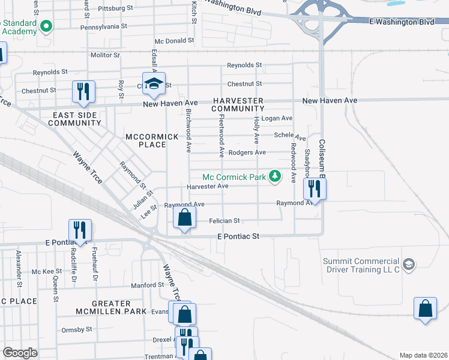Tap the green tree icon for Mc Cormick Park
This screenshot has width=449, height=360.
pyautogui.click(x=275, y=176)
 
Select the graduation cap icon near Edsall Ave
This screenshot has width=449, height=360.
pyautogui.click(x=154, y=83)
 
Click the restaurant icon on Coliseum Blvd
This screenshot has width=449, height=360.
pyautogui.click(x=314, y=190)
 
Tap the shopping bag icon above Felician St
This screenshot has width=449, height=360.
pyautogui.click(x=184, y=218)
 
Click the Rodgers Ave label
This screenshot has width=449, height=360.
pyautogui.click(x=249, y=152)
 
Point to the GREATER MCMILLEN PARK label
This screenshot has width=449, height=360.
pyautogui.click(x=111, y=307)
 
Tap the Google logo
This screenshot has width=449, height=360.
pyautogui.click(x=20, y=353)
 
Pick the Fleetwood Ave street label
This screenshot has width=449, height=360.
pyautogui.click(x=221, y=129)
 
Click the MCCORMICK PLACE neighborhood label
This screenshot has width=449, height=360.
pyautogui.click(x=152, y=140)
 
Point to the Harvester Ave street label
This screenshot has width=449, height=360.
pyautogui.click(x=208, y=187)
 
